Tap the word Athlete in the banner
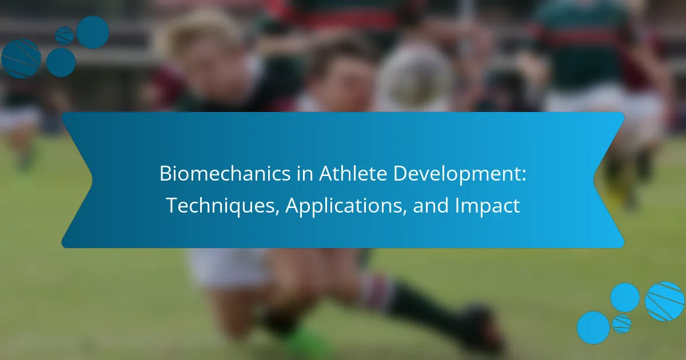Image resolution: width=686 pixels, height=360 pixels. [x=353, y=174]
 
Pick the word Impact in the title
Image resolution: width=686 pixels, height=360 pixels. [x=488, y=206]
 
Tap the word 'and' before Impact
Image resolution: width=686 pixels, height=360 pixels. [x=431, y=205]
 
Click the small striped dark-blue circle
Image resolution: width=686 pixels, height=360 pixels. [x=64, y=36]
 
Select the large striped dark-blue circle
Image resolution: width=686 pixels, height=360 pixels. [x=21, y=58]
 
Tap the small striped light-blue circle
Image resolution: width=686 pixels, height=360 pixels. [x=621, y=324]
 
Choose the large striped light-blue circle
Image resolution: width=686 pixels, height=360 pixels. [x=664, y=302]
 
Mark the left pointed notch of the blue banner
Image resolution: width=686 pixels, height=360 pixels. [x=91, y=180]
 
